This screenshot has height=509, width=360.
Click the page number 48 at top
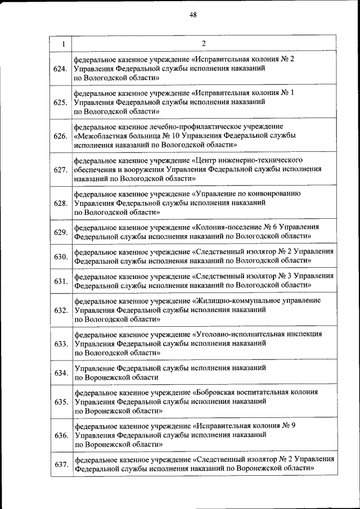click(193, 15)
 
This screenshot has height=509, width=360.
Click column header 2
click(204, 43)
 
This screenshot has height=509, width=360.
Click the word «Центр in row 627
click(207, 160)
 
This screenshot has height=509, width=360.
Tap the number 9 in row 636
click(294, 425)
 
